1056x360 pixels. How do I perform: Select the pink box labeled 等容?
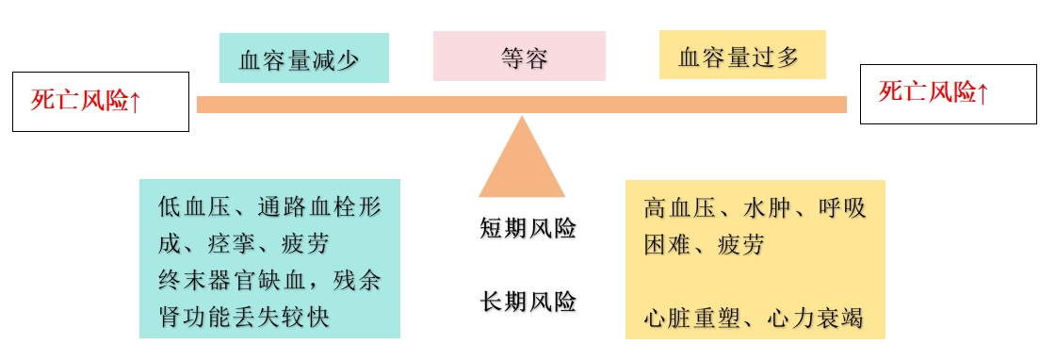tap(519, 57)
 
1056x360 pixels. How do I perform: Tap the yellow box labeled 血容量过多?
tap(741, 56)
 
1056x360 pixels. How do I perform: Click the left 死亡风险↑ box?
tap(100, 101)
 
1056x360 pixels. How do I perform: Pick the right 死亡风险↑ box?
tap(948, 93)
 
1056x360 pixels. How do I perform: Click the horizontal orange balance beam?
tap(521, 105)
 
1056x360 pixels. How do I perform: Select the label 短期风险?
tap(528, 229)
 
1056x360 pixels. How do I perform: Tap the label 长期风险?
tap(528, 303)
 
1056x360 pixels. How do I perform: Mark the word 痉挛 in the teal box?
tap(231, 245)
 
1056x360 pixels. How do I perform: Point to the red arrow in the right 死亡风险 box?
tap(983, 93)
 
